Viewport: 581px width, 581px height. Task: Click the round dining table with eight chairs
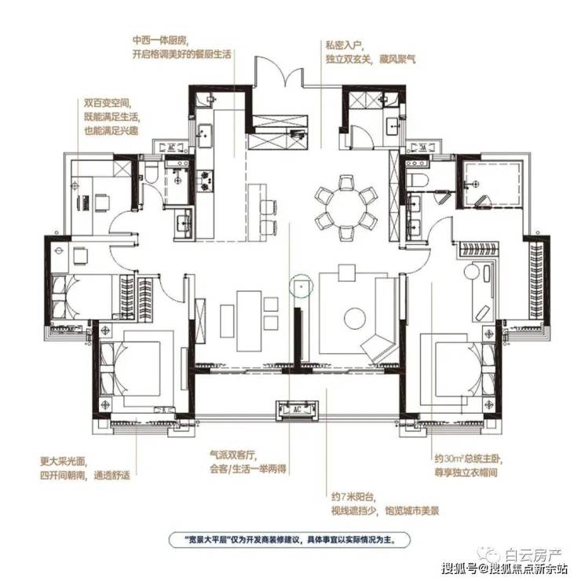pos(346,208)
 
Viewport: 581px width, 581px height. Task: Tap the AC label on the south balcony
pos(297,409)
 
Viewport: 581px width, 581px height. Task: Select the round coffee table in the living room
pos(355,318)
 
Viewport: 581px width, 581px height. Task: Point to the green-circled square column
pos(301,287)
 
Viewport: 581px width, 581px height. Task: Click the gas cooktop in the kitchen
pos(205,181)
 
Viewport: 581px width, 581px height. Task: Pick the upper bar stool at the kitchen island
pos(269,206)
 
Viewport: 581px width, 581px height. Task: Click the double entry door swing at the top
pos(280,71)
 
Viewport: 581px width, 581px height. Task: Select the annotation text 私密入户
pos(343,46)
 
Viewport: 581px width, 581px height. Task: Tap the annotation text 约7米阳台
pos(353,497)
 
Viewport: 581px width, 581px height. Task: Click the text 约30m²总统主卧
pos(469,459)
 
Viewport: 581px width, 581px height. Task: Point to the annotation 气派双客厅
pos(232,455)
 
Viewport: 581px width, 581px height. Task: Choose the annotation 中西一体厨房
pos(160,40)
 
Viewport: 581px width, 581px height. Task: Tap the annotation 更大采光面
pos(63,462)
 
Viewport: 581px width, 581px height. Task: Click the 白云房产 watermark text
pos(534,555)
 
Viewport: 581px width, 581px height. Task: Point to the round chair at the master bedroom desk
pos(472,271)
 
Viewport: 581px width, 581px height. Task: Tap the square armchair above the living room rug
pos(347,272)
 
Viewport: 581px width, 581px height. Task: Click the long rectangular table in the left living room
pos(250,321)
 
